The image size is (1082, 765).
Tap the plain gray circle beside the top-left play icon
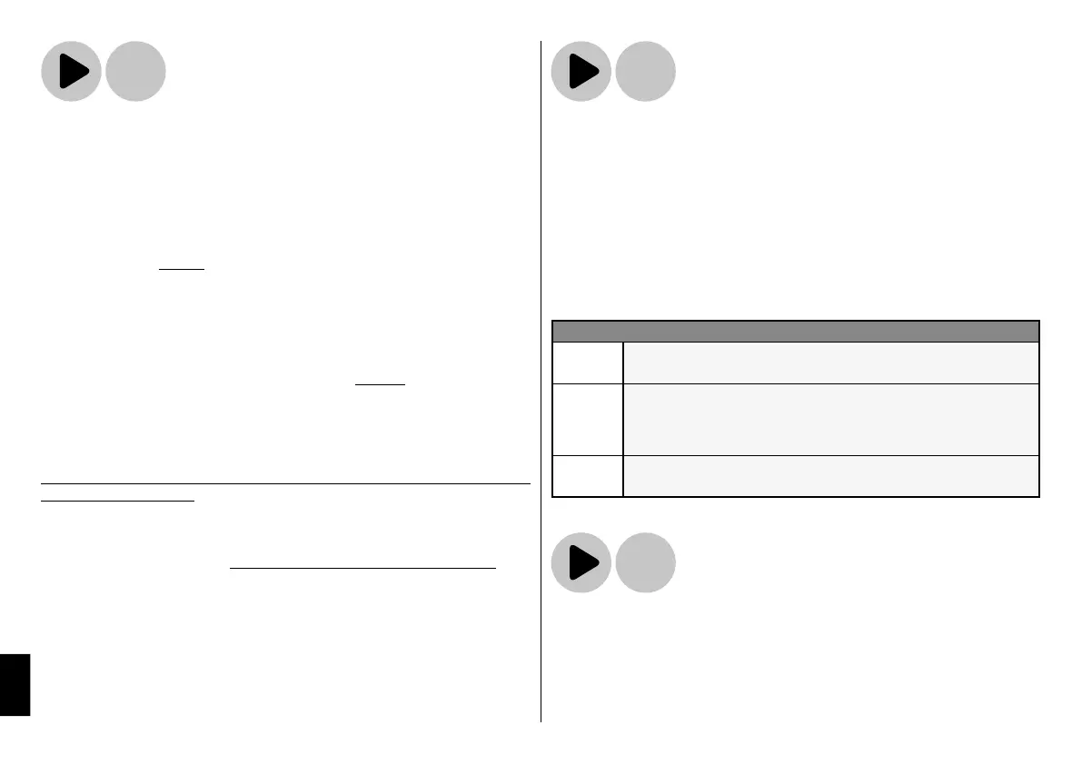(x=135, y=72)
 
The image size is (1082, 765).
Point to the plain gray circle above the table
(x=645, y=72)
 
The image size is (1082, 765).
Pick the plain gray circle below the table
(x=645, y=563)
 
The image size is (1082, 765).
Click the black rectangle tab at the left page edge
(x=15, y=684)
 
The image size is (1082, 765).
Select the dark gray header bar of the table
(x=795, y=330)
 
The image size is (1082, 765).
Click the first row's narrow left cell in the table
(x=588, y=363)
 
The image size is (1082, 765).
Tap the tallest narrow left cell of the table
(x=588, y=419)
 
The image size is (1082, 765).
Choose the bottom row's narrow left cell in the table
(x=588, y=476)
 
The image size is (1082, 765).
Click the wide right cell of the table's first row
(x=830, y=363)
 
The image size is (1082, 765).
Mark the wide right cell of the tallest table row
(x=830, y=419)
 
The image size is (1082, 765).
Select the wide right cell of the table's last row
(x=830, y=476)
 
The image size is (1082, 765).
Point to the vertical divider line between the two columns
(x=541, y=382)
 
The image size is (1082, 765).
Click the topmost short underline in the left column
(x=182, y=270)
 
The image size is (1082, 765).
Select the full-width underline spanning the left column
(x=285, y=484)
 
